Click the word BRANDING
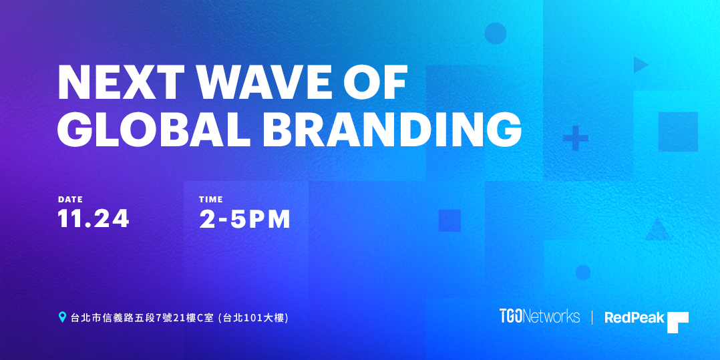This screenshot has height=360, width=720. pos(391,130)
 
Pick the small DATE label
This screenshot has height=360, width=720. pos(70,200)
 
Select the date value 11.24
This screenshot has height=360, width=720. pos(94,219)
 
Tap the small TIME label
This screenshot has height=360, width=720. pos(211,200)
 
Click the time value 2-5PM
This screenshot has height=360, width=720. pos(245,219)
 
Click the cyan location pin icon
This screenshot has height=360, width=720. pos(63,317)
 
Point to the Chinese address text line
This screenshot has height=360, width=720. pos(180,318)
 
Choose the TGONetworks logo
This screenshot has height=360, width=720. pos(540,317)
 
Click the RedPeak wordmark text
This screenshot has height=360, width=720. pos(635,317)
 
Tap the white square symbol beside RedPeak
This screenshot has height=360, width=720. pos(678,323)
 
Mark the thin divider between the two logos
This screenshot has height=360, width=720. pos(592,317)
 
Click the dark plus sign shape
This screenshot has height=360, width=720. pos(576,138)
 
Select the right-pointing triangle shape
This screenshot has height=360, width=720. pos(641,65)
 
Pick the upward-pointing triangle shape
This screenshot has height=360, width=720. pos(658,231)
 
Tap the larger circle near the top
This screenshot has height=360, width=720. pos(496,33)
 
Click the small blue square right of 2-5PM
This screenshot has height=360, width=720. pos(449,220)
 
